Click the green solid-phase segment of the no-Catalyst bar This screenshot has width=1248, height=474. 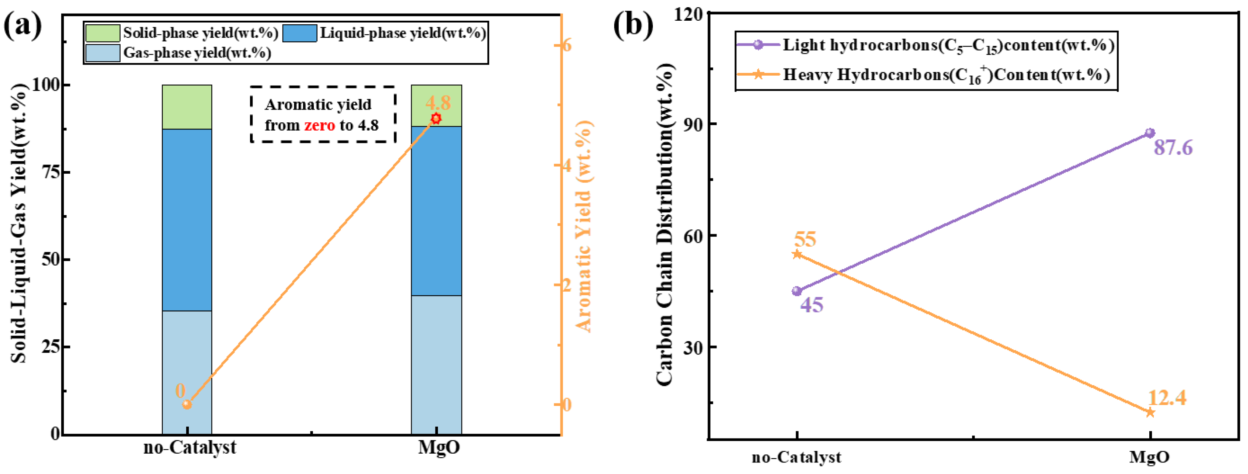tap(187, 107)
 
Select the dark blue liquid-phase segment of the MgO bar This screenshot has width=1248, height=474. tap(436, 211)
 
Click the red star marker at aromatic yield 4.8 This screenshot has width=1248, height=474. tap(436, 118)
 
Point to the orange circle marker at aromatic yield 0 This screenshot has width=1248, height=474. tap(187, 404)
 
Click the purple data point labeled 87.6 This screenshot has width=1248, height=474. tap(1150, 133)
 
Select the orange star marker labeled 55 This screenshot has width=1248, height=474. tap(797, 254)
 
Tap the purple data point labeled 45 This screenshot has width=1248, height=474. tap(797, 291)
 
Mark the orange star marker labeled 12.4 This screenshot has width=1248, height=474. tap(1150, 412)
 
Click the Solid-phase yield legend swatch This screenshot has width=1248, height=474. tap(102, 33)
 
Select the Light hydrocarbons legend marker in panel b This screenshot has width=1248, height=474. tap(759, 45)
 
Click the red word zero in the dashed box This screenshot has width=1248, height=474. tap(319, 125)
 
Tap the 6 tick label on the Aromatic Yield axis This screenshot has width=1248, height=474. tap(566, 45)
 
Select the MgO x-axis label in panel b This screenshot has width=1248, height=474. tap(1150, 456)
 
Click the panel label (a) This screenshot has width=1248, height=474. tap(23, 25)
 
